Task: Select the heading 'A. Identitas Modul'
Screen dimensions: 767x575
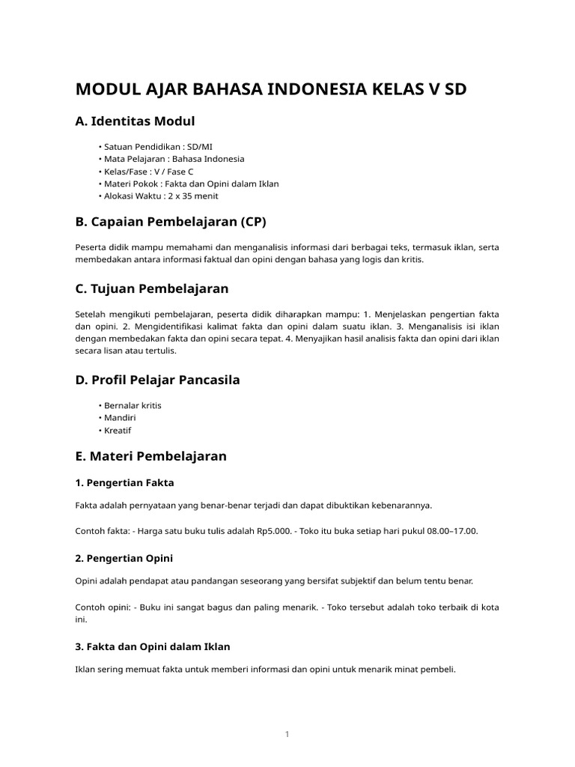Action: click(135, 121)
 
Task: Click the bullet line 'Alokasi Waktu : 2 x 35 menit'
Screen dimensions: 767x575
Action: click(158, 195)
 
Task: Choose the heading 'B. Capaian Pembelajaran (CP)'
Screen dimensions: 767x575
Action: click(171, 222)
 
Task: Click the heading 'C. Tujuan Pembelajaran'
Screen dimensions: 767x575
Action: click(152, 288)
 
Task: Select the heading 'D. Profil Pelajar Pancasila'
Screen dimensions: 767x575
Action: click(157, 380)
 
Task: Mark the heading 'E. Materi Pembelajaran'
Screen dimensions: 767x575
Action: click(150, 455)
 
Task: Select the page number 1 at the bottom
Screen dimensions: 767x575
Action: click(287, 735)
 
